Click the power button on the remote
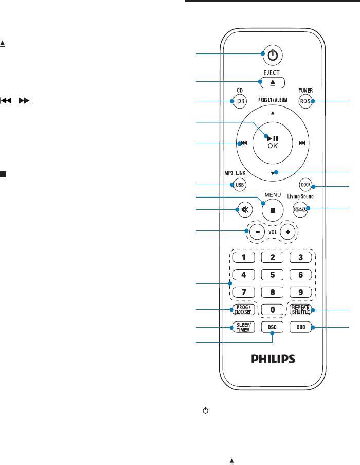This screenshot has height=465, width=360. pos(273,55)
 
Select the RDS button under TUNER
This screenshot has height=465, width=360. pos(307,101)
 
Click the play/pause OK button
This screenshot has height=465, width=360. pos(273,142)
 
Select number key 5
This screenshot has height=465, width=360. pos(273,274)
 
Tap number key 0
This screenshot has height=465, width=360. pos(273,310)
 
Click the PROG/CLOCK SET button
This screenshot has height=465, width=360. pos(241,310)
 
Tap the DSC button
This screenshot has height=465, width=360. pos(273,328)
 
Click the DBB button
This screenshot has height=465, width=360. pos(304,328)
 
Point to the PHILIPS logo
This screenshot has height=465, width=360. pos(273,358)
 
